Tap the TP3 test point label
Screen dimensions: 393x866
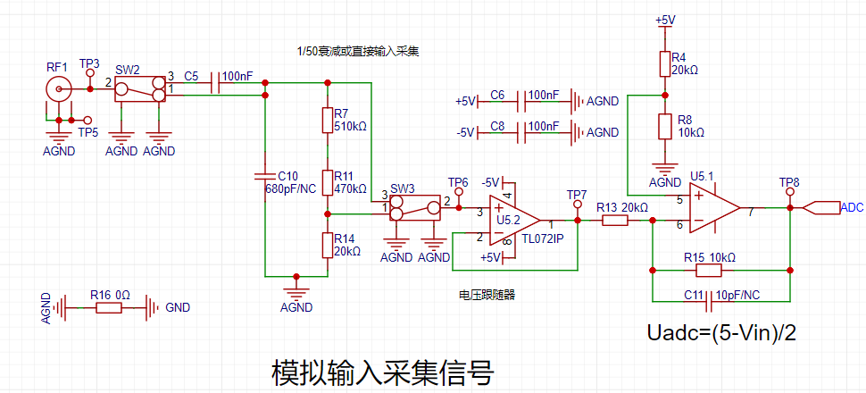[x=89, y=64]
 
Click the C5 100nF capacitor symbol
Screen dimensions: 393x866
[x=214, y=83]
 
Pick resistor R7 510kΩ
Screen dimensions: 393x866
[x=328, y=121]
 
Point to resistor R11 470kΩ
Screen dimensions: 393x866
[x=328, y=181]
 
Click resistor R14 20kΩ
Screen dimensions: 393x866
[x=328, y=244]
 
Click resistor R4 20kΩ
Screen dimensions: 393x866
[x=663, y=63]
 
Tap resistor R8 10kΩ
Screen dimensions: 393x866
[x=663, y=126]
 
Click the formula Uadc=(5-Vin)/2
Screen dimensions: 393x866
[x=721, y=333]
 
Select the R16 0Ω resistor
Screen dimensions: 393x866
[x=108, y=307]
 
